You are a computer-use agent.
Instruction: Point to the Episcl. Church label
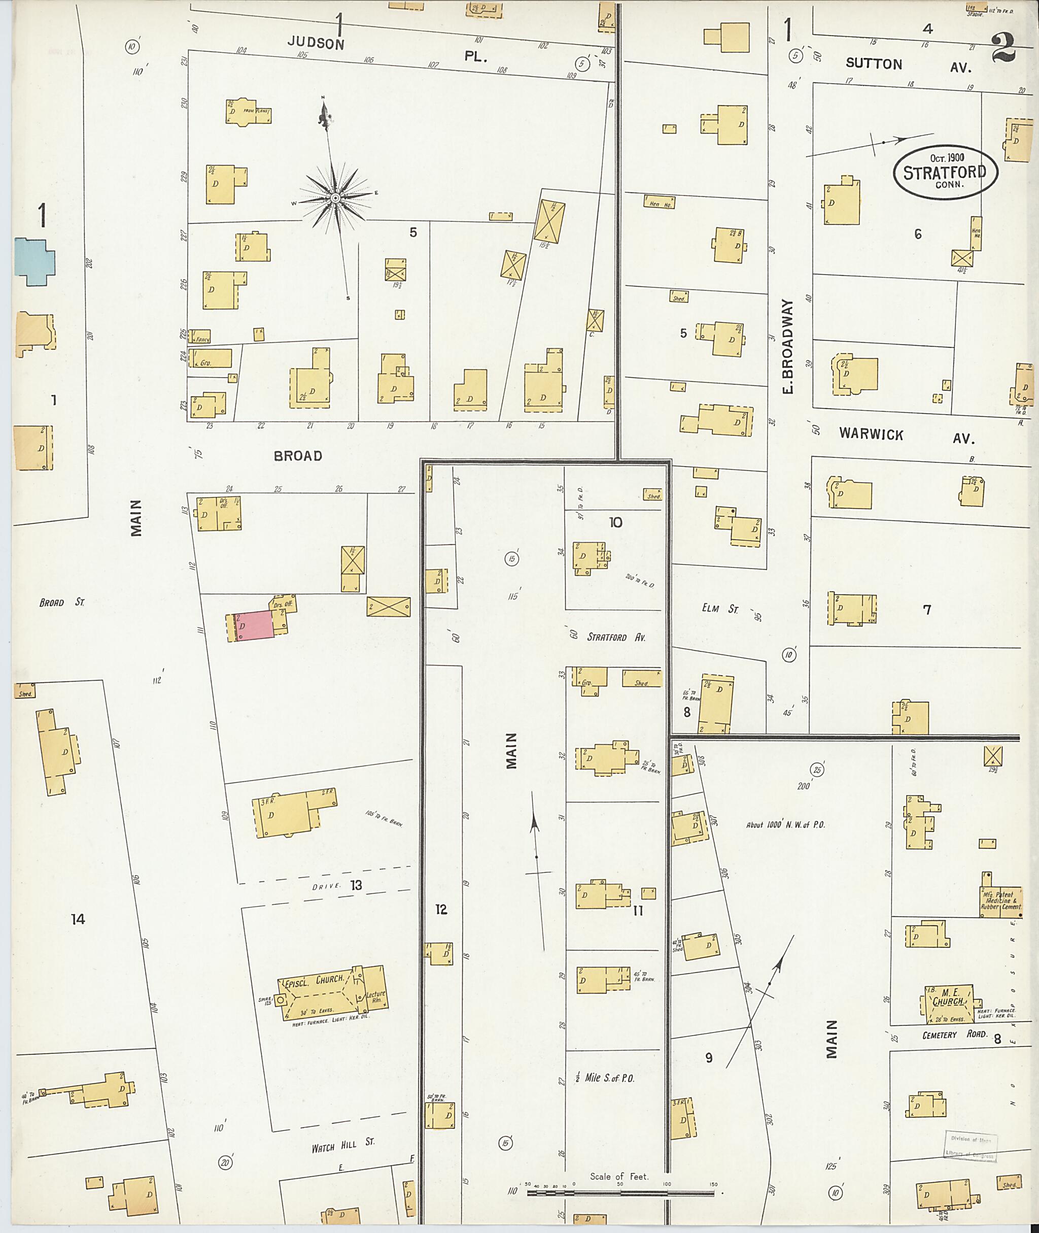tap(314, 980)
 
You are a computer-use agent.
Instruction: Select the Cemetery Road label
tap(954, 1050)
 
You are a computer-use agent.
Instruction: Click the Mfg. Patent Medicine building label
tap(1001, 899)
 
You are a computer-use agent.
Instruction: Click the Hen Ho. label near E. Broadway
tap(660, 204)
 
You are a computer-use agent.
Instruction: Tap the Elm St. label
tap(716, 609)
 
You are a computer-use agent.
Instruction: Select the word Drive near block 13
tap(326, 885)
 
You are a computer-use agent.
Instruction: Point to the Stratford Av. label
tap(616, 637)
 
